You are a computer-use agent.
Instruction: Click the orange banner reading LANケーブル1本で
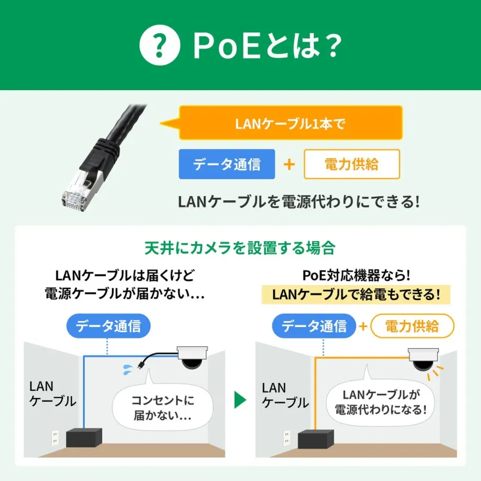[290, 124]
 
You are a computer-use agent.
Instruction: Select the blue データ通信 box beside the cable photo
[227, 164]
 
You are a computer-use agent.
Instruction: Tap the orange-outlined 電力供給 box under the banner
[352, 164]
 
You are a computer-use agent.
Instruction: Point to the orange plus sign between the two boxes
[289, 164]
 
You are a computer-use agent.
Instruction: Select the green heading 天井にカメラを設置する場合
[240, 248]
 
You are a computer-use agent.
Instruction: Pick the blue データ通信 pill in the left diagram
[108, 326]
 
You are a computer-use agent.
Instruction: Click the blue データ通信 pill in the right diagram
[314, 326]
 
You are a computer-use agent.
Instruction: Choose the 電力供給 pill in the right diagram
[412, 326]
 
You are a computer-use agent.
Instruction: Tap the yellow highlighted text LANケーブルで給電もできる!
[356, 295]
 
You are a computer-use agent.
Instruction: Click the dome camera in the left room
[192, 358]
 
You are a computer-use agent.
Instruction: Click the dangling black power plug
[139, 364]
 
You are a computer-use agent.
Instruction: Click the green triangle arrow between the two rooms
[240, 399]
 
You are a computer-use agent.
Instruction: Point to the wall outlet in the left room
[54, 435]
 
